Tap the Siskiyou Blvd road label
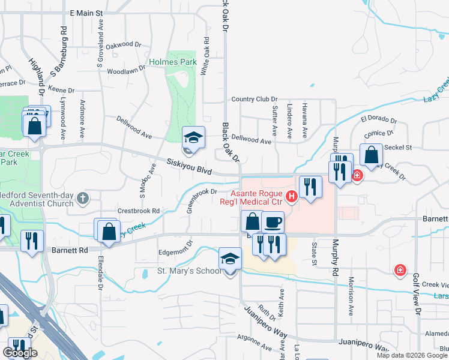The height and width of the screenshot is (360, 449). point(189,166)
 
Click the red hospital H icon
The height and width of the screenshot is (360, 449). point(292,196)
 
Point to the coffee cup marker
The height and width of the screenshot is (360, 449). point(273,222)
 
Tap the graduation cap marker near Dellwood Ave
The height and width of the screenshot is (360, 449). point(193,137)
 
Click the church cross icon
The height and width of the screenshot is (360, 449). point(83,197)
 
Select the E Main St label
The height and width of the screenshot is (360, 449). point(87,12)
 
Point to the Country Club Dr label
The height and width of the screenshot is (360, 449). point(255,99)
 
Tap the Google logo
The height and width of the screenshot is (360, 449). point(20,353)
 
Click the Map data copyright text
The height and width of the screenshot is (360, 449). point(411,355)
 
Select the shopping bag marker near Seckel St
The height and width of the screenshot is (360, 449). point(371,155)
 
